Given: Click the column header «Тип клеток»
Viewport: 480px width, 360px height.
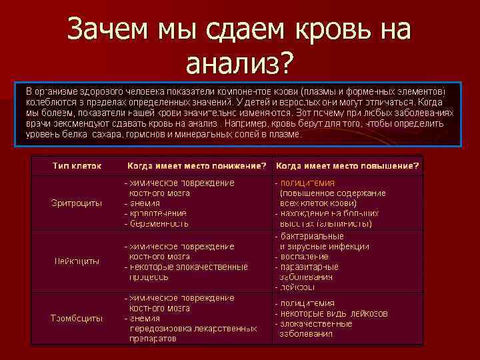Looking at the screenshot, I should point(77,165).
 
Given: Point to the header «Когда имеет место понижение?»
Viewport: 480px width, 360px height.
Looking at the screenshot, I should point(197,165).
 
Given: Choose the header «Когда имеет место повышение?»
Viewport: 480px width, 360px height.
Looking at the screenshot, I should point(347,165).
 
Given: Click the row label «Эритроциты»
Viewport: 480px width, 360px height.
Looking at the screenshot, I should point(77,203).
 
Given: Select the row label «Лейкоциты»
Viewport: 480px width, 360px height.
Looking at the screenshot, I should point(77,261).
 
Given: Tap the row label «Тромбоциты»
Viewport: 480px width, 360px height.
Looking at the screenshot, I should point(77,318).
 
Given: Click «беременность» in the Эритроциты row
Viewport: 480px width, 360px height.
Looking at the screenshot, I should point(161,223).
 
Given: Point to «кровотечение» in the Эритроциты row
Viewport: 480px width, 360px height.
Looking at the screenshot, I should point(159,213).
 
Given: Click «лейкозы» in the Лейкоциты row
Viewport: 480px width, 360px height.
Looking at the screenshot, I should point(297,287).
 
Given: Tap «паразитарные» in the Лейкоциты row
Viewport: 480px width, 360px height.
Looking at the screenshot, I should point(309,267).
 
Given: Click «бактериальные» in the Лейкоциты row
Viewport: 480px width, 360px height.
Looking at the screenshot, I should point(312,236).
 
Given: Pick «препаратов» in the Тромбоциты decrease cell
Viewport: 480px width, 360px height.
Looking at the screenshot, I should point(153,339).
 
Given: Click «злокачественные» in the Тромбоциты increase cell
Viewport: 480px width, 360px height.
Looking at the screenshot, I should point(316,323).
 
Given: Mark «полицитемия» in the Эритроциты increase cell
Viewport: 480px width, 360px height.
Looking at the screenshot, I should point(307,183).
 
